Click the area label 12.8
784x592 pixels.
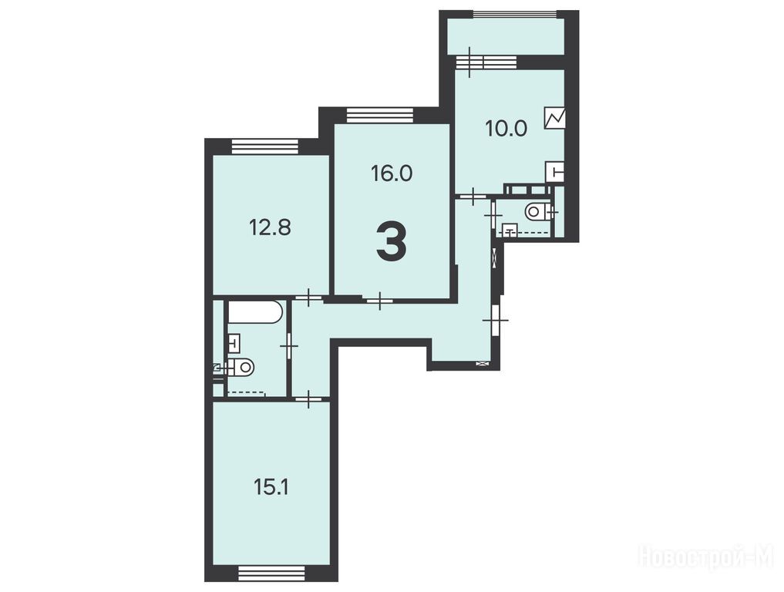coord(270,228)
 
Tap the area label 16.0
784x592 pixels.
coord(392,173)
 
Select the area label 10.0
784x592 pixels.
coord(506,129)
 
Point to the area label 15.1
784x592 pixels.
coord(271,487)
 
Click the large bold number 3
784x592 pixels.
coord(392,242)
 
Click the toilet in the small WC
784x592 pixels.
coord(537,211)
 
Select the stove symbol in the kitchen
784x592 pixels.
coord(554,118)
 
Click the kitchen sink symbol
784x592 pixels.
coord(555,173)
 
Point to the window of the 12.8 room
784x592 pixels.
coord(265,146)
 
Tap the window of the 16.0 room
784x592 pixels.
coord(381,116)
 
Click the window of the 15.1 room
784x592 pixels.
coord(271,573)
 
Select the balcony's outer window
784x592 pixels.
coord(515,14)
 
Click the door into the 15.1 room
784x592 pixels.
coord(310,399)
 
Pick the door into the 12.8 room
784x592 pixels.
coord(309,298)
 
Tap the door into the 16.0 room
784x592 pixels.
coord(380,301)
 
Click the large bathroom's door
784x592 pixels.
coord(289,347)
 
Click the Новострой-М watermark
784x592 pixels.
coord(706,556)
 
